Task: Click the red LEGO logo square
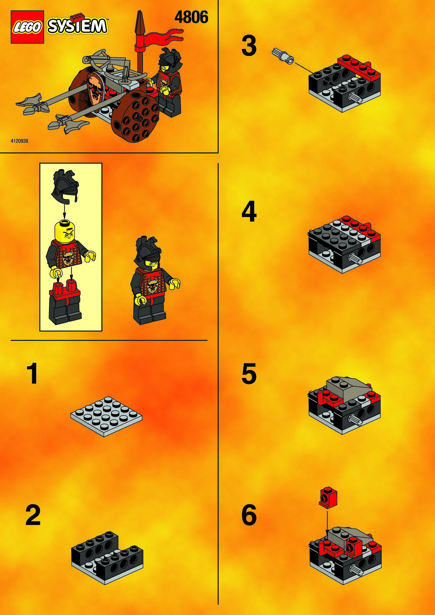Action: (27, 27)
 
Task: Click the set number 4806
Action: (191, 18)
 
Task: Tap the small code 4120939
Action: (19, 141)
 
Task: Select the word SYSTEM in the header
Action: (77, 26)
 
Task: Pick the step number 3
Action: (249, 46)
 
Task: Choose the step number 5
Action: (249, 373)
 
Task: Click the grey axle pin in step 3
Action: (283, 56)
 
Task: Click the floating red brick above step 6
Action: (328, 497)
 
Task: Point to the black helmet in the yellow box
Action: (65, 186)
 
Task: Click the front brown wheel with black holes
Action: (135, 117)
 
